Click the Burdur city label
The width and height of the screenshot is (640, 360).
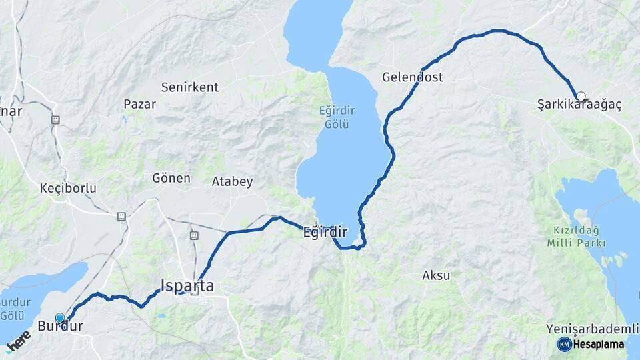[x=60, y=327]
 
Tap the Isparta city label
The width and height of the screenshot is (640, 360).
[x=187, y=286]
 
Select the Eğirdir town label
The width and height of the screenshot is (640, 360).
[x=325, y=233]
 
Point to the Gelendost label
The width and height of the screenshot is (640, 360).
[x=412, y=77]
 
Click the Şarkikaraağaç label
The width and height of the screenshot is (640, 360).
[x=579, y=105]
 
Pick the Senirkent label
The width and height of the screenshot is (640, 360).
[x=189, y=87]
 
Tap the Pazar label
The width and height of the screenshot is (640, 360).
[x=140, y=104]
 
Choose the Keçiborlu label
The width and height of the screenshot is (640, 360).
[x=68, y=189]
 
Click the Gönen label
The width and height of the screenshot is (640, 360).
[x=171, y=179]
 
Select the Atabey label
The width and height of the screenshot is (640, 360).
[x=232, y=181]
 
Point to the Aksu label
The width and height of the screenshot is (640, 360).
[x=436, y=275]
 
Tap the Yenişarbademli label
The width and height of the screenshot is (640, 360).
[x=587, y=329]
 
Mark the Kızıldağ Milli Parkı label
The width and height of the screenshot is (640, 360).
[x=577, y=237]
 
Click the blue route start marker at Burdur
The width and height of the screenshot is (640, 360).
[x=60, y=318]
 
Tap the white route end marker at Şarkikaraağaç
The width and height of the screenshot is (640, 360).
[x=581, y=96]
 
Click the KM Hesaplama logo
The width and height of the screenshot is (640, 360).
[x=591, y=344]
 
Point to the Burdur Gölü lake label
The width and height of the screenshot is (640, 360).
[x=15, y=308]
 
